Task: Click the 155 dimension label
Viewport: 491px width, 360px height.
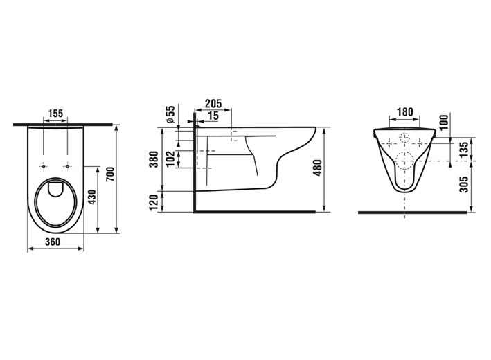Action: click(55, 114)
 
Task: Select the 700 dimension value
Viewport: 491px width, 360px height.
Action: click(110, 174)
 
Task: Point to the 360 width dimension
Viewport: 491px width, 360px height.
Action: click(53, 242)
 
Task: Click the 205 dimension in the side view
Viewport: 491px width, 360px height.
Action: click(213, 103)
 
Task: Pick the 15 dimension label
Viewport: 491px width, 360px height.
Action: click(213, 116)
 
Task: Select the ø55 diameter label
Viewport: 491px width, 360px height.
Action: click(170, 114)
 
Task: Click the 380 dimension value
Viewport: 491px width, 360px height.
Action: click(154, 159)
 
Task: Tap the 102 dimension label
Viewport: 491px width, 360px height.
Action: click(170, 159)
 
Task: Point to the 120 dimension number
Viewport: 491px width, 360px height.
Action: click(154, 202)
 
